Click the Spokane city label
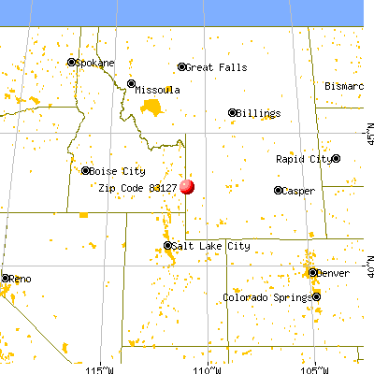95,63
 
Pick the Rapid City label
303,159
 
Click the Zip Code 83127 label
137,187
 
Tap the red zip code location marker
187,186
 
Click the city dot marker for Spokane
72,63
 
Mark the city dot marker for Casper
278,190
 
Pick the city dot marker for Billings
233,113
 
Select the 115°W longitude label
100,367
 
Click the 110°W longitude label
215,367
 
